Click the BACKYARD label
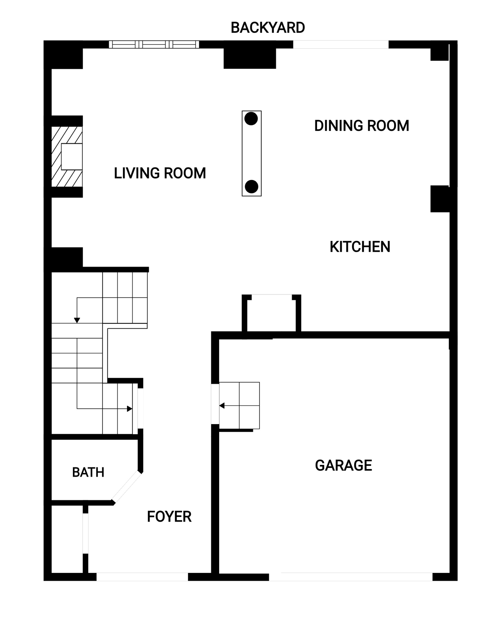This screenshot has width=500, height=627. click(267, 27)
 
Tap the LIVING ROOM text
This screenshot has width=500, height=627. click(160, 173)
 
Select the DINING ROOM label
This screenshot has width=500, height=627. click(362, 126)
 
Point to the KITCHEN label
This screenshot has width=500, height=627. click(360, 247)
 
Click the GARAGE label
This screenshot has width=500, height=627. click(343, 465)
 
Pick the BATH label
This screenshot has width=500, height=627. click(88, 472)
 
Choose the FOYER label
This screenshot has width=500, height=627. click(169, 517)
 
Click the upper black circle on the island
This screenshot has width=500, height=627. click(251, 119)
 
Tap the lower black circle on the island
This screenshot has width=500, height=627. click(251, 187)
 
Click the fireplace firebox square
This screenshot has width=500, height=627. click(72, 157)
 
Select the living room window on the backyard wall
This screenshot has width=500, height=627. click(154, 44)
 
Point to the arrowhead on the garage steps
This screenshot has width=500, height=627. click(222, 405)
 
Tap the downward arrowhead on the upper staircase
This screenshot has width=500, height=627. click(77, 320)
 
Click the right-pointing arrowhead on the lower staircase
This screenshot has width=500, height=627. click(130, 409)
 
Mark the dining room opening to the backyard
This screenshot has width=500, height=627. click(340, 44)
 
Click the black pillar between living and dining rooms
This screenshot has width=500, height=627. click(250, 59)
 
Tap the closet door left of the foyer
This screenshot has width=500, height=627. click(85, 534)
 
